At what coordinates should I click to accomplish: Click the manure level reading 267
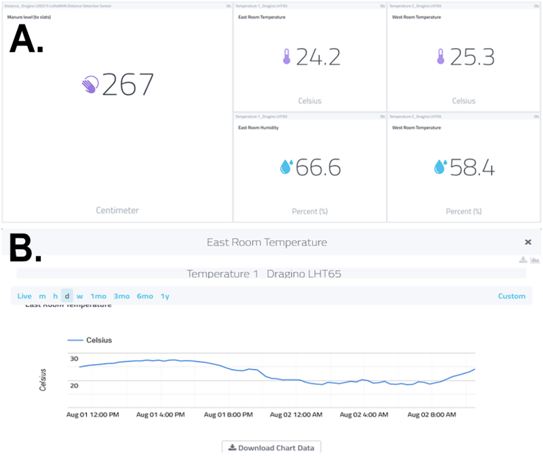(128, 85)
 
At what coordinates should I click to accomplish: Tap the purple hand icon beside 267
(90, 85)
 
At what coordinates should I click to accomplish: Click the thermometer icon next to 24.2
(286, 57)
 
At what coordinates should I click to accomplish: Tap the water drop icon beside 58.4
(440, 167)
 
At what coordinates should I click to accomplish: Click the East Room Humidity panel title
(258, 127)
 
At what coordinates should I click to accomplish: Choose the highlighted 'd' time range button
(67, 296)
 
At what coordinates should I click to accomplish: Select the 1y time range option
(165, 296)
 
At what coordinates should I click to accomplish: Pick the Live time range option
(24, 296)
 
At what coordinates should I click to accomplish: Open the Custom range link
(511, 296)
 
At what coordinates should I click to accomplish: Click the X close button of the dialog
(528, 242)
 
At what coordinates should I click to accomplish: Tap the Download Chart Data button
(271, 447)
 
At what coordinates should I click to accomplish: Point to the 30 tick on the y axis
(74, 359)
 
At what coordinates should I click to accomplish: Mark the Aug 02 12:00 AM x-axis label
(295, 413)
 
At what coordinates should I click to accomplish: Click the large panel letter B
(25, 250)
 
